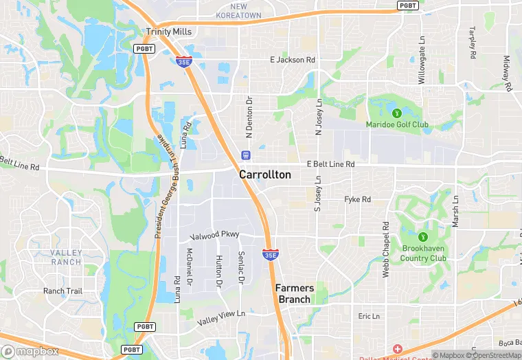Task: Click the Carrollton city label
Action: (264, 175)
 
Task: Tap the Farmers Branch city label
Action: (294, 293)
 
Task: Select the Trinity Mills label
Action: (168, 32)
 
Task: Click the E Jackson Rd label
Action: (293, 60)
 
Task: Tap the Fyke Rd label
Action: (357, 200)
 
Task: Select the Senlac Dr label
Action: (241, 267)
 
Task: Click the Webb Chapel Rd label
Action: (386, 248)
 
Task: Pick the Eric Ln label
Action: (368, 316)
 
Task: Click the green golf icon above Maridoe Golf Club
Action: (396, 113)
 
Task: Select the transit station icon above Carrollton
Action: (245, 154)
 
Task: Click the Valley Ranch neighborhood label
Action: (66, 258)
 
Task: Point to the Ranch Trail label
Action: (63, 291)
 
